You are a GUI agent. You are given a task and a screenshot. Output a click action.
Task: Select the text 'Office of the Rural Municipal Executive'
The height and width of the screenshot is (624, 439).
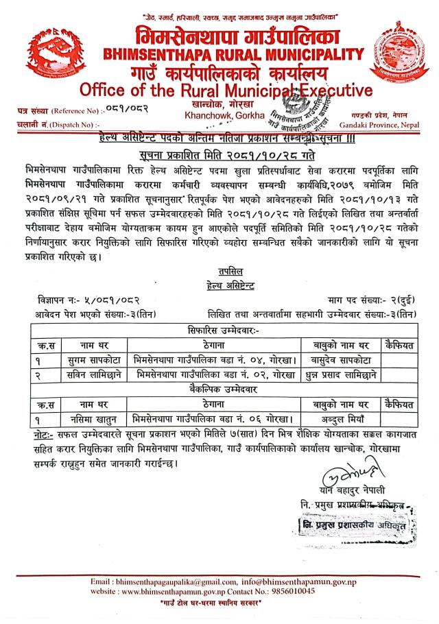[226, 91]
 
